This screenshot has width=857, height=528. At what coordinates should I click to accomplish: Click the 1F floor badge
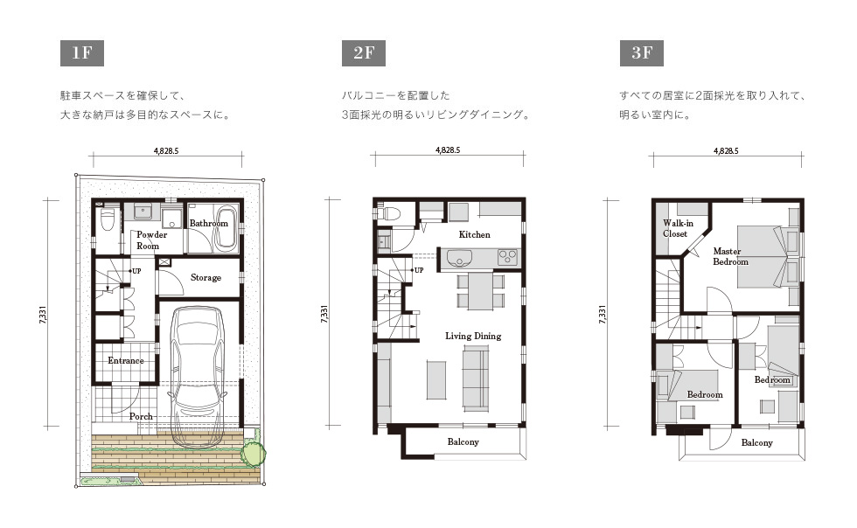(82, 53)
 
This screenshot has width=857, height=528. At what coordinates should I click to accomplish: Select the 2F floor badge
(364, 53)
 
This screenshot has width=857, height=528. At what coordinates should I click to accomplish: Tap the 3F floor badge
(642, 53)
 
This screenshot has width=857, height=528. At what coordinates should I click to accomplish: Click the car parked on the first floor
(198, 377)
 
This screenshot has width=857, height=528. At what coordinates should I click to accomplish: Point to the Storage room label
(206, 278)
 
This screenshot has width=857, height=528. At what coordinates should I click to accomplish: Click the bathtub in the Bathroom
(226, 228)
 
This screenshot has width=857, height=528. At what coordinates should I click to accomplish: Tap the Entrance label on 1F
(126, 361)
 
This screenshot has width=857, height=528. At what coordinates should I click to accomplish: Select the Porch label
(141, 416)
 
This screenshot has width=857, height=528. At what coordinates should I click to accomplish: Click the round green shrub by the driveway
(254, 453)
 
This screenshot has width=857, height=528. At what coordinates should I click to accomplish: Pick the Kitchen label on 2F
(474, 234)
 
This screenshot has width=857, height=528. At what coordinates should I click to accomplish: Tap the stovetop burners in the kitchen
(507, 257)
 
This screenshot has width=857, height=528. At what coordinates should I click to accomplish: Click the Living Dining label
(473, 337)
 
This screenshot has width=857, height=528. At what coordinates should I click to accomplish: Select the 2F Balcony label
(463, 441)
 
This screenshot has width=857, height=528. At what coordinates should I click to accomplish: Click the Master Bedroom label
(730, 256)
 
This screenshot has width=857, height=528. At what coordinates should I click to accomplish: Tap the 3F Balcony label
(757, 442)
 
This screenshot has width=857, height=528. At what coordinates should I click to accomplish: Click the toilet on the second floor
(388, 212)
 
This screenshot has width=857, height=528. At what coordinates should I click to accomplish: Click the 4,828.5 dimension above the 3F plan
(726, 151)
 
